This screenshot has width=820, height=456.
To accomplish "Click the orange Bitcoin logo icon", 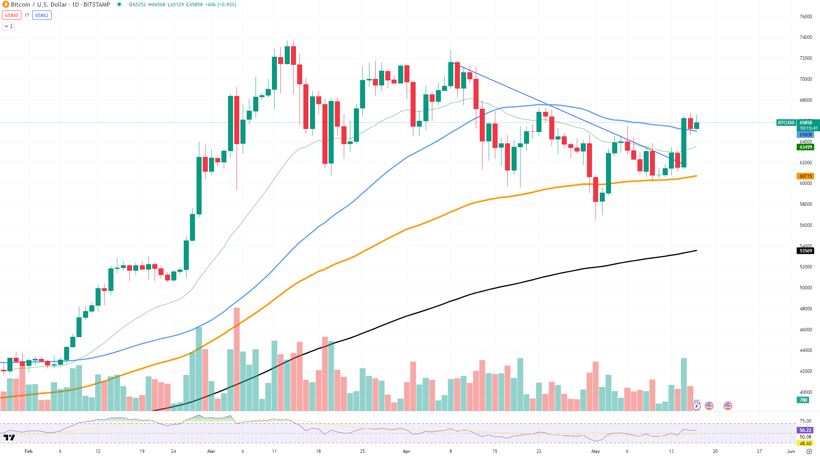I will [5, 5].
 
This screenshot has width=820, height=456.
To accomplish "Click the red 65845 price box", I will [12, 16].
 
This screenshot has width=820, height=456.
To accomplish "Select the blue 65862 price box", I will [42, 16].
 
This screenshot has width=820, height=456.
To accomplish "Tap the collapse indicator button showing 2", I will [9, 26].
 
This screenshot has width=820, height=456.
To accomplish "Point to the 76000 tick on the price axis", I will [806, 17].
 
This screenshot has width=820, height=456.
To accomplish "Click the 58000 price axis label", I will [806, 204].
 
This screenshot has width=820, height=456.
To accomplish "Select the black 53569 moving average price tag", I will [806, 251].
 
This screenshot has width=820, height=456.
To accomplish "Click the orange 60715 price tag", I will [806, 176].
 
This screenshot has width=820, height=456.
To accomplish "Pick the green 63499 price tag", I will [806, 147].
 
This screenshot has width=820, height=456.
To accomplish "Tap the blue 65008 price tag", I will [806, 135].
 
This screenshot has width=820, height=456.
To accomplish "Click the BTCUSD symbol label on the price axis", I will [786, 123].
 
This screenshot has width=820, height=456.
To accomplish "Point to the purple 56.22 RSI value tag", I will [805, 430].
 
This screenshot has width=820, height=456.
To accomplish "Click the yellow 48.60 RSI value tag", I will [805, 444].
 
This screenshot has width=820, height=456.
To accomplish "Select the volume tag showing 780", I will [803, 400].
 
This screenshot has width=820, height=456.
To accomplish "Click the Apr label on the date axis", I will [406, 451].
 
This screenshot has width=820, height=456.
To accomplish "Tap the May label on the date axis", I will [595, 451].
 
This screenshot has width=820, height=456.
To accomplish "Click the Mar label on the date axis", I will [211, 451].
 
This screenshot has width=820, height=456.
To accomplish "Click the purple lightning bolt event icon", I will [697, 406].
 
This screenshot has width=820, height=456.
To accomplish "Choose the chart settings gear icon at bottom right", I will [809, 451].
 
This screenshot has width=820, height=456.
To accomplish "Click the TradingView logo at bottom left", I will [9, 438].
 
